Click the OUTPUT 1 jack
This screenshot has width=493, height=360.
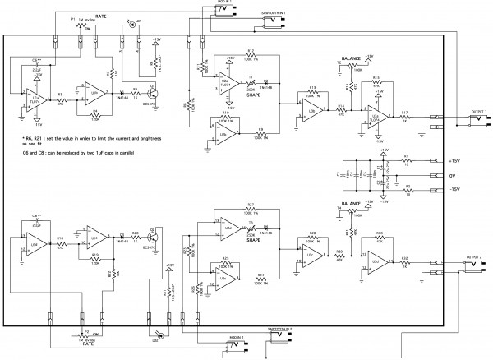[x=477, y=121]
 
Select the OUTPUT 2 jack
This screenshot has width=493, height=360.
[x=477, y=265]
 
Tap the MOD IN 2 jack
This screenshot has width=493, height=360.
[x=238, y=345]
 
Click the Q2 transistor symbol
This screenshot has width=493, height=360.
[x=150, y=238]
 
